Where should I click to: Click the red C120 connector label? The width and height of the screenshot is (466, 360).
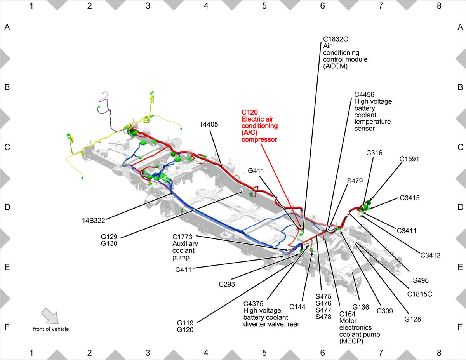point(250,112)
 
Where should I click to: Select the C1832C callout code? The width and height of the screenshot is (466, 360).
point(336,39)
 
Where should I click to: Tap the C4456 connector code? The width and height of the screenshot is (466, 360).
point(364,94)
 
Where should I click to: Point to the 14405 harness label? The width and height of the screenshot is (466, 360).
point(209,124)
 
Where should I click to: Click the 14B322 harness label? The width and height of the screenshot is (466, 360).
point(94,221)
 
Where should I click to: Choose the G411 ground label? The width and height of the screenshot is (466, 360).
point(256,170)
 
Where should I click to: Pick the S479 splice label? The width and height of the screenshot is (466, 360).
point(355,181)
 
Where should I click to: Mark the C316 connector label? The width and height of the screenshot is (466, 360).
point(374,153)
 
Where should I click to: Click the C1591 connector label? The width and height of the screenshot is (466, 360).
point(409,159)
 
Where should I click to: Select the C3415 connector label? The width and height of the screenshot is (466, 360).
point(410,198)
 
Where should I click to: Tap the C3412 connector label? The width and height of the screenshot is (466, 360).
point(430,255)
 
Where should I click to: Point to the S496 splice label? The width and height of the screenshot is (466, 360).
point(421,280)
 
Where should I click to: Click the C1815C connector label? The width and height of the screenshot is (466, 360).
point(419,294)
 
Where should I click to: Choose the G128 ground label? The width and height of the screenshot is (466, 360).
point(412,319)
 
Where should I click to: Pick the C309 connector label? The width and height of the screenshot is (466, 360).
point(385,311)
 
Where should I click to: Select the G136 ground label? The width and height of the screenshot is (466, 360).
point(361,307)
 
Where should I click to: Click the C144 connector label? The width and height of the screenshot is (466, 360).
point(297,307)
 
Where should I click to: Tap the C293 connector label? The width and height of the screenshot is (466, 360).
point(227,284)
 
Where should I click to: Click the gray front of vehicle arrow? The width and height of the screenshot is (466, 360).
point(50,316)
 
